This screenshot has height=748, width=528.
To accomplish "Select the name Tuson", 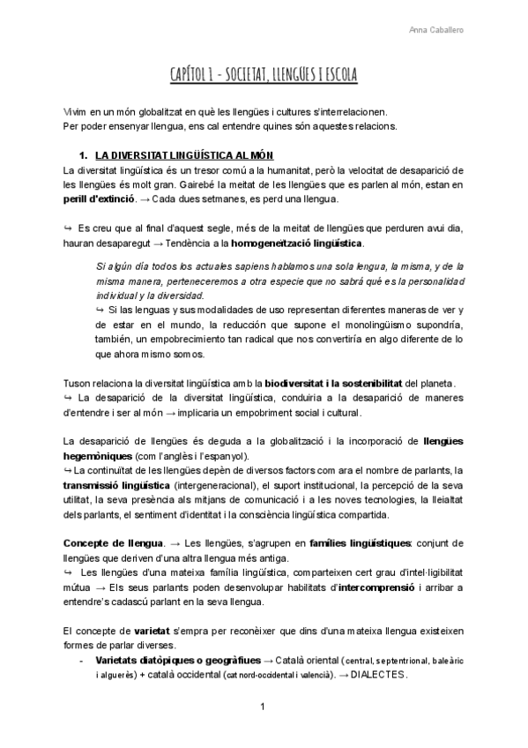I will point(78,382).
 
